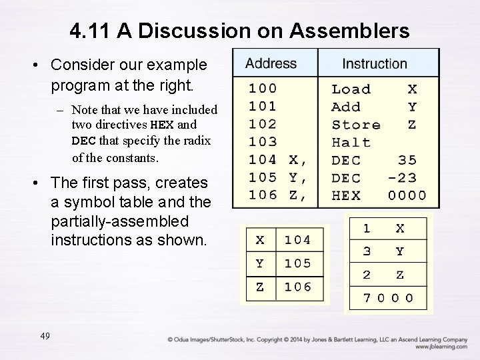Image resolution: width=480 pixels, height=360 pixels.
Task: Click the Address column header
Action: (271, 64)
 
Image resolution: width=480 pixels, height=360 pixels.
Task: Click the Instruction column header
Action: (374, 64)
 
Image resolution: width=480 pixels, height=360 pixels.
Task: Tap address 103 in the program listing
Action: (263, 142)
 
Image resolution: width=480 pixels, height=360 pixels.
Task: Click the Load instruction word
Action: (351, 89)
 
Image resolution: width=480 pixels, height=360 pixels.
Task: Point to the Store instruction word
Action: (356, 125)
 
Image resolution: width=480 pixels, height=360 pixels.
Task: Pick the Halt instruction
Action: (351, 142)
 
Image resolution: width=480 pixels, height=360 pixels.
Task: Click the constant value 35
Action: (407, 160)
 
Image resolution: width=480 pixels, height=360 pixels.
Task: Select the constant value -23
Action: (402, 178)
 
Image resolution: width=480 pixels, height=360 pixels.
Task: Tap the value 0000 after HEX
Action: (407, 195)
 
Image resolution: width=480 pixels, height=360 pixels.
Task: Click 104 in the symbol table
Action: (297, 239)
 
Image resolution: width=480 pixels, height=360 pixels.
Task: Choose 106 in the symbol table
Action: (297, 287)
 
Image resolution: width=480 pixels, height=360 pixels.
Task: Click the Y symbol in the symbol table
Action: (259, 263)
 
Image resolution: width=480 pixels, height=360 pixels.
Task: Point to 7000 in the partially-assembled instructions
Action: (388, 298)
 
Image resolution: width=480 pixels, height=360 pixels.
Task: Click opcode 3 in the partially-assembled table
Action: (367, 251)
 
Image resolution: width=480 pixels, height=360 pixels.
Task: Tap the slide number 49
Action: (45, 335)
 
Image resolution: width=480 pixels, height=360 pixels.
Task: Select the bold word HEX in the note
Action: (163, 125)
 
